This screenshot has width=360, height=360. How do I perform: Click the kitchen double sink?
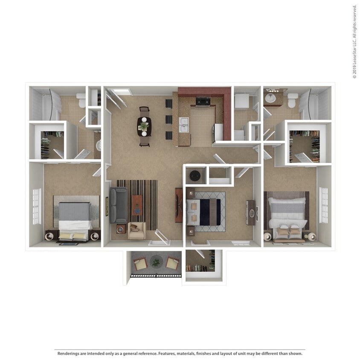click(x=184, y=125)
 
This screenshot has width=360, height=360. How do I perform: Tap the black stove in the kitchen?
click(x=202, y=102)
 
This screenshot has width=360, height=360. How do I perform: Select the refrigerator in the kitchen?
click(x=217, y=132)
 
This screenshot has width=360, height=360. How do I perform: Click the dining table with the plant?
click(x=144, y=126)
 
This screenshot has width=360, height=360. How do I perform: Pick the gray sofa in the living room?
click(x=118, y=205)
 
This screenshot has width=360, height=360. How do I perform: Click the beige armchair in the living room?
click(x=137, y=230)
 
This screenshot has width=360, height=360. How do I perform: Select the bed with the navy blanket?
click(x=204, y=212)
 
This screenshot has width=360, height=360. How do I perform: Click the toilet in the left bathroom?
click(x=82, y=101)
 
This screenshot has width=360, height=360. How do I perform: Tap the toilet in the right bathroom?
click(x=292, y=101)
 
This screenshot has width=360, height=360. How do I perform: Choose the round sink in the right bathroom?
click(x=270, y=99)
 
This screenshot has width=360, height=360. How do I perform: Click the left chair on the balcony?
click(x=140, y=264)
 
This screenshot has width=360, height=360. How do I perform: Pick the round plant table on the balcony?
click(x=156, y=262)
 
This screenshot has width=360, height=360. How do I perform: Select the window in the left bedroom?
click(x=37, y=206)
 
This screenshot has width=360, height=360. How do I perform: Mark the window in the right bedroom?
click(x=324, y=205)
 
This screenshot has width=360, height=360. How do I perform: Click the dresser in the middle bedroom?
click(x=251, y=212)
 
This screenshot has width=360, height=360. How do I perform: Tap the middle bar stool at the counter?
click(x=168, y=119)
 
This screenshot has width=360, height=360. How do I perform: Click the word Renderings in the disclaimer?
click(x=68, y=354)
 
